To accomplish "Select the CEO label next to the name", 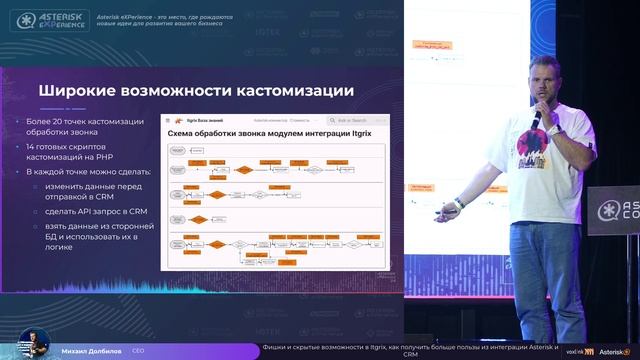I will click(x=138, y=351).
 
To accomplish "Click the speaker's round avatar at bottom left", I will click(x=30, y=342).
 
